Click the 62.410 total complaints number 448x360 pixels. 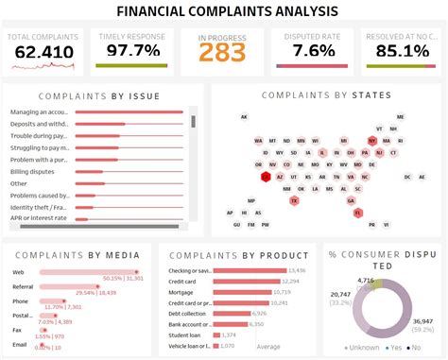(x=43, y=52)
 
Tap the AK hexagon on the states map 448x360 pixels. (x=244, y=117)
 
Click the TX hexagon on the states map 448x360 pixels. (x=294, y=200)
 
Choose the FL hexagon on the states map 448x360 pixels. (x=358, y=213)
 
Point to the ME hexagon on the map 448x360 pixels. (x=400, y=117)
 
